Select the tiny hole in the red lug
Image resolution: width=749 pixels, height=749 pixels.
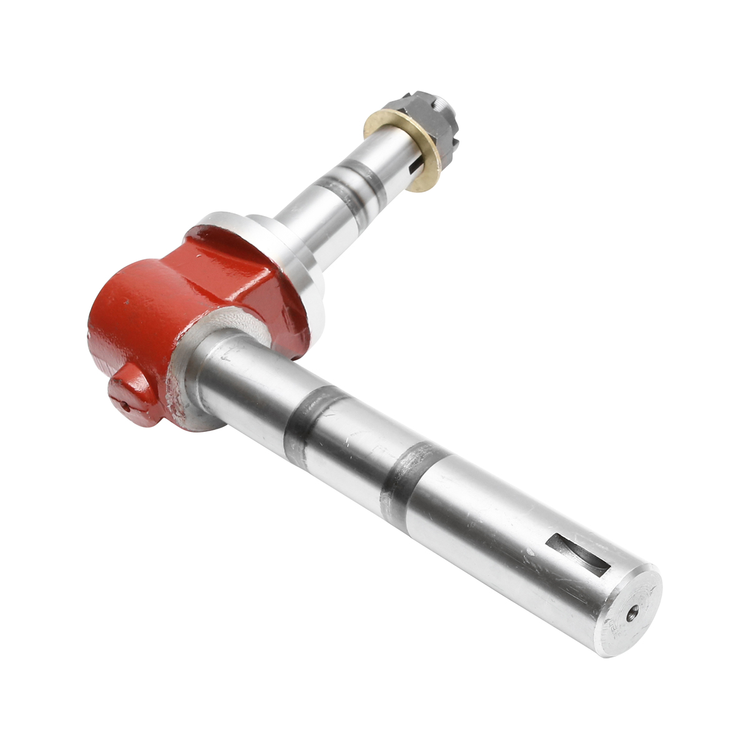coord(125,408)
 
